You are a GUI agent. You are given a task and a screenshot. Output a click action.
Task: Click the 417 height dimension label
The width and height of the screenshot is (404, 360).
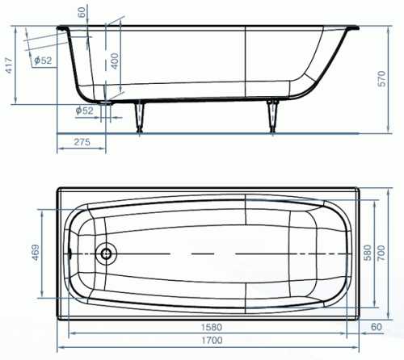9,65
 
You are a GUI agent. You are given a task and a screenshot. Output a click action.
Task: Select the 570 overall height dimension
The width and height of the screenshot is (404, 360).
381,78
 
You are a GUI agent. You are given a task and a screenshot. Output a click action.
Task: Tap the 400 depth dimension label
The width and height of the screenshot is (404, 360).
115,61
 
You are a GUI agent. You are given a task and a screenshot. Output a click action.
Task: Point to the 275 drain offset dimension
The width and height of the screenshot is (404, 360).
82,142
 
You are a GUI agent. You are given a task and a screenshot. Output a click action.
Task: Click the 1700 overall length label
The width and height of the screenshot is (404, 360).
212,341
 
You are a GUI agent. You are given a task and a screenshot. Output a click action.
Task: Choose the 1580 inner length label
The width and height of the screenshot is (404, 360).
212,327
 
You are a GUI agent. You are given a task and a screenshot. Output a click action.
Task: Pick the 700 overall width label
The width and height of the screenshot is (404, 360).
381,253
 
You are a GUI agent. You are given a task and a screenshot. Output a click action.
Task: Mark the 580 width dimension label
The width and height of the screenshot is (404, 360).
368,253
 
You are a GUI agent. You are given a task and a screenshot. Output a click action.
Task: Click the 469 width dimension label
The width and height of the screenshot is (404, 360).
36,253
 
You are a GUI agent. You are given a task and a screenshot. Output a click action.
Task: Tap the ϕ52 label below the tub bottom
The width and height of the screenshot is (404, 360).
84,111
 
